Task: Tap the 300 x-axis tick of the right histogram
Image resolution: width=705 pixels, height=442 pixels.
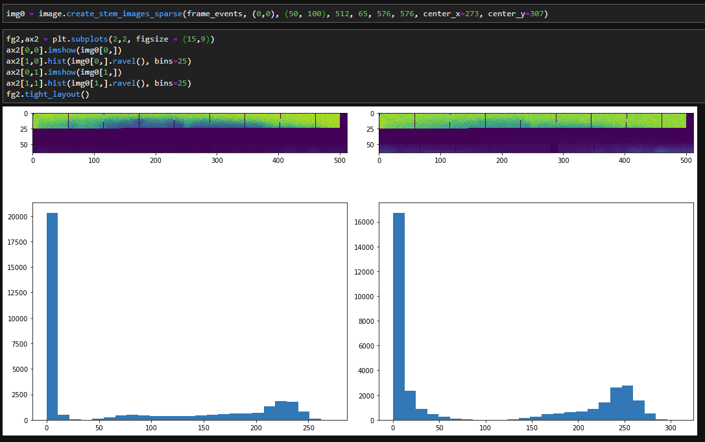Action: [x=671, y=429]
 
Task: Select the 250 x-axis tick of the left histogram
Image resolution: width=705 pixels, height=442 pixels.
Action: [x=309, y=429]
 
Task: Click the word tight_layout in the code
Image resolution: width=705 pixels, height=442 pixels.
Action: [x=56, y=94]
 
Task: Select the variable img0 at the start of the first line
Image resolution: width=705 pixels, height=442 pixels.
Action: [x=16, y=14]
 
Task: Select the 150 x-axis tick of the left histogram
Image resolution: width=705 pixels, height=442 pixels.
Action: [x=204, y=429]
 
